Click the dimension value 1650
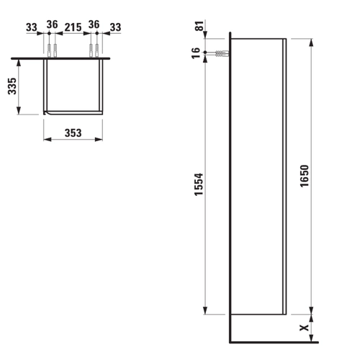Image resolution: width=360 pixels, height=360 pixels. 305,176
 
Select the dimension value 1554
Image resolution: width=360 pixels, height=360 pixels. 199,184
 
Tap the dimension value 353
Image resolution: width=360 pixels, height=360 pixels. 73,133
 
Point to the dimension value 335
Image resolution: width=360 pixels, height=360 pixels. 12,86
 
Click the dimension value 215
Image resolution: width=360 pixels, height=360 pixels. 73,27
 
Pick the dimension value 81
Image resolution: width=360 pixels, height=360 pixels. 199,26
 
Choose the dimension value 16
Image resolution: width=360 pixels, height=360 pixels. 196,53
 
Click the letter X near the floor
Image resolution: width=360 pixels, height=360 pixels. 305,328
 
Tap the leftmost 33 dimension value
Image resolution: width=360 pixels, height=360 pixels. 32,27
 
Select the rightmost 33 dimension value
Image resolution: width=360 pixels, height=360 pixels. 115,27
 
